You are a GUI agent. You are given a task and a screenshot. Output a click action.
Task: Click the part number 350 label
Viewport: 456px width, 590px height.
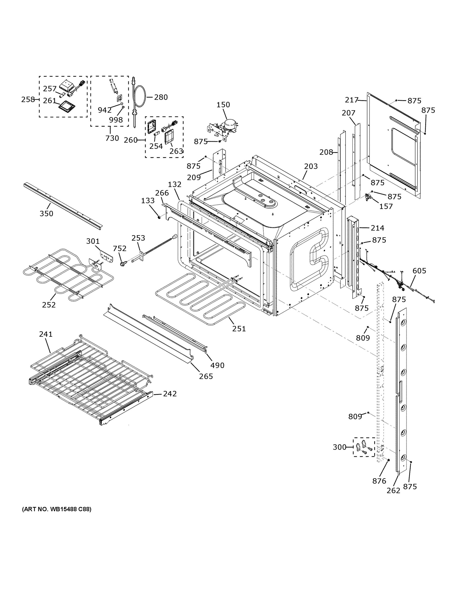(x=46, y=213)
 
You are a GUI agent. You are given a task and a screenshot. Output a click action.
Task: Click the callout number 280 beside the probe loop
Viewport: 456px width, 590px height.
(x=161, y=97)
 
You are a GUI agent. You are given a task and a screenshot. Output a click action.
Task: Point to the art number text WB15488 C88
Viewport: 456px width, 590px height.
(x=57, y=509)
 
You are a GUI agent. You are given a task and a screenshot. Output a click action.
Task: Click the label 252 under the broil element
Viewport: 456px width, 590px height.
(x=49, y=305)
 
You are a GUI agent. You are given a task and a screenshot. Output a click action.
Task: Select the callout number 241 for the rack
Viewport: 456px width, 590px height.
(x=46, y=334)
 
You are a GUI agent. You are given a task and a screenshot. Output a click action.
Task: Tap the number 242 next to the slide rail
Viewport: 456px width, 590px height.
(x=170, y=394)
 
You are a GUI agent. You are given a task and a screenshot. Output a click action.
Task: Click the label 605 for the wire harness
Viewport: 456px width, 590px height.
(x=419, y=271)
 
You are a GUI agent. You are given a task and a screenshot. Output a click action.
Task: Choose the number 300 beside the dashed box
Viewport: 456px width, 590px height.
(x=339, y=447)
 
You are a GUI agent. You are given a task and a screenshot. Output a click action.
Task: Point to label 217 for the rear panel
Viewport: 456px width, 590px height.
(x=352, y=100)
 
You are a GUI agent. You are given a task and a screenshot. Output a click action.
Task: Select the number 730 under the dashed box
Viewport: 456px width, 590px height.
(x=112, y=138)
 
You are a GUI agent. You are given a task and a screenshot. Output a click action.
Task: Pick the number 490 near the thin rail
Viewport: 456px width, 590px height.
(x=217, y=365)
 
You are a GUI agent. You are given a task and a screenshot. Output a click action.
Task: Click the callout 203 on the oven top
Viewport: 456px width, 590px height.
(x=311, y=166)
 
